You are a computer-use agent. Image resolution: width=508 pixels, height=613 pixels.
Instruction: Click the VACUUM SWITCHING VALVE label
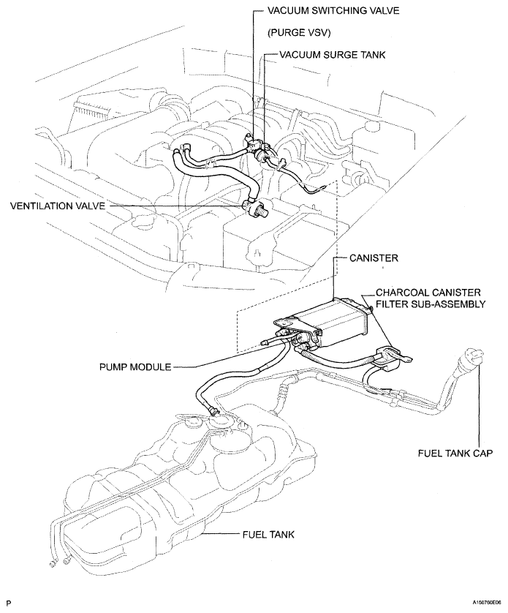tap(333, 10)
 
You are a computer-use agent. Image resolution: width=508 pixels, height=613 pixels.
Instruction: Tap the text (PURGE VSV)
tap(299, 33)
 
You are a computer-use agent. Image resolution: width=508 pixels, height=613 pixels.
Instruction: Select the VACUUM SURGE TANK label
tap(333, 55)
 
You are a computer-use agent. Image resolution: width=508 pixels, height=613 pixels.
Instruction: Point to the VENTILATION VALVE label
tap(58, 206)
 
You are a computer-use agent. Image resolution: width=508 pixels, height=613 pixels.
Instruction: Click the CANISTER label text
tap(374, 258)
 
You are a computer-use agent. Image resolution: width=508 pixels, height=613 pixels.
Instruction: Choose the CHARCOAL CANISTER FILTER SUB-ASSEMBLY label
tap(431, 298)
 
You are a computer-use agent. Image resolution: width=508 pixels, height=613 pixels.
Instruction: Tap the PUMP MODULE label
tap(135, 366)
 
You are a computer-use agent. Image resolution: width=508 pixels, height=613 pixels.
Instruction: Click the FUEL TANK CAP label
tap(455, 453)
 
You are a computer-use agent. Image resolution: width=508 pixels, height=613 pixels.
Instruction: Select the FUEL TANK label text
tap(268, 534)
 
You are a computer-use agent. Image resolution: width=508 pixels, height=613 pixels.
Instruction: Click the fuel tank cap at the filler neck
tap(473, 356)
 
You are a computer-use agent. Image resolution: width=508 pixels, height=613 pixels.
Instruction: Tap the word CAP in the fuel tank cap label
tap(482, 453)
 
